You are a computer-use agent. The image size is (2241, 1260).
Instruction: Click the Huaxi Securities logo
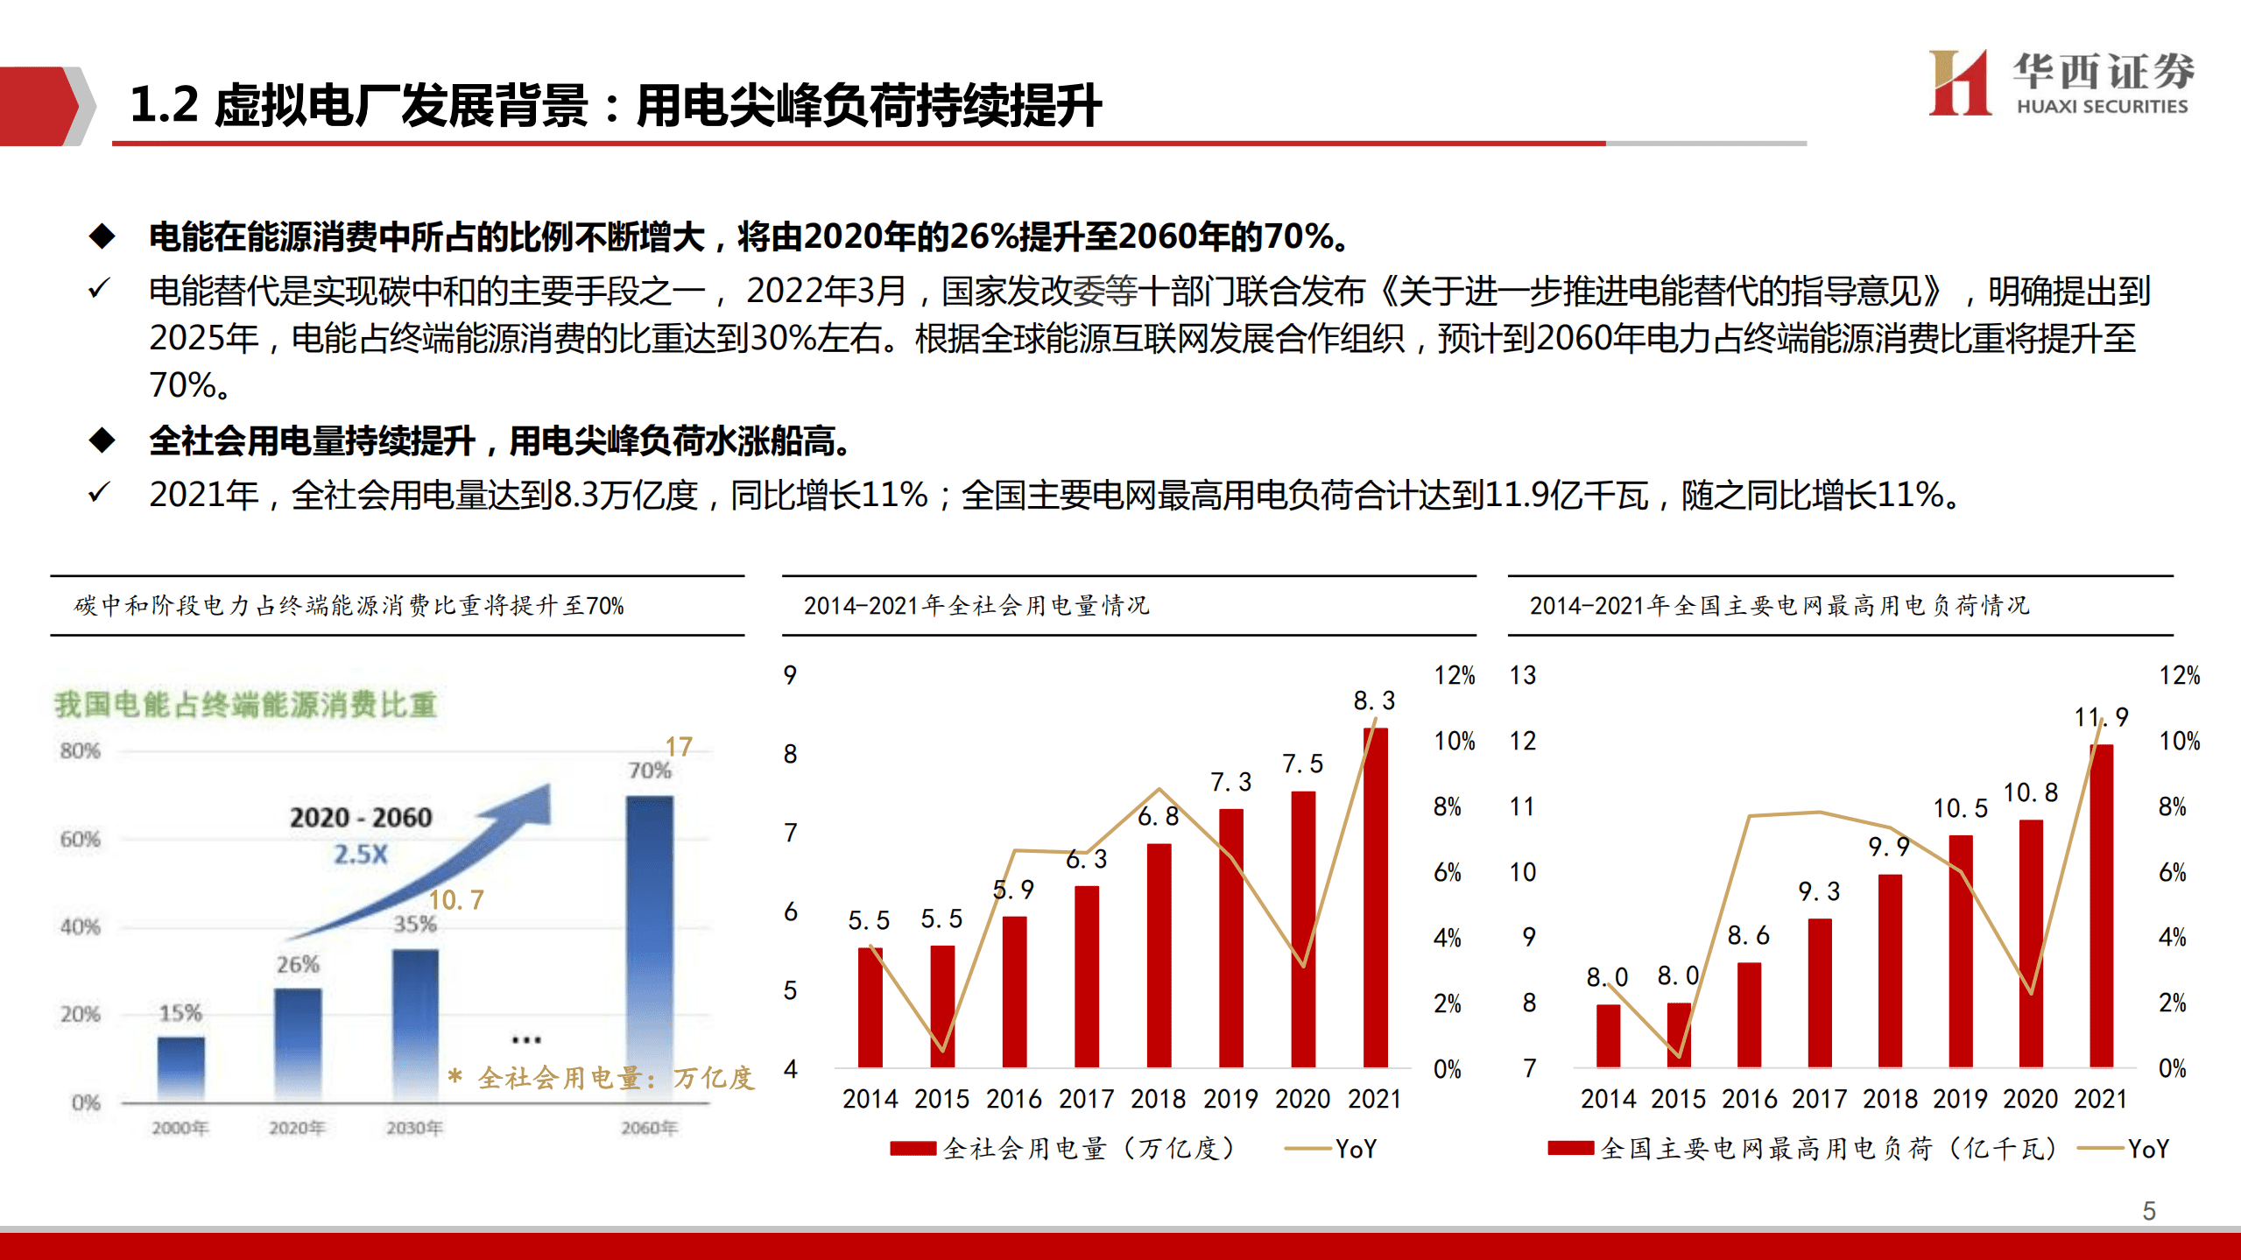(2060, 83)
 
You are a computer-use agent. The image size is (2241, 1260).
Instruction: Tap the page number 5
(2148, 1210)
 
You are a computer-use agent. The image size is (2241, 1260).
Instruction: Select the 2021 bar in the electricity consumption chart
(1375, 897)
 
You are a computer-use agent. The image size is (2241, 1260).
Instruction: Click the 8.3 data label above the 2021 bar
(1373, 700)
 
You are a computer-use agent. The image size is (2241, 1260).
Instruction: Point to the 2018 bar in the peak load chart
(1890, 970)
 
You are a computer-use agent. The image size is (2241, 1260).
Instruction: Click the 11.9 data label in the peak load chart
(2100, 717)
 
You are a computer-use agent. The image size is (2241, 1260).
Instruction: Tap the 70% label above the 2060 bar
(649, 771)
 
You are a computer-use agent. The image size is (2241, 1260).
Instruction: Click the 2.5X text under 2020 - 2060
(360, 854)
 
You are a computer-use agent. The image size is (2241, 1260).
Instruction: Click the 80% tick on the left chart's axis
(80, 750)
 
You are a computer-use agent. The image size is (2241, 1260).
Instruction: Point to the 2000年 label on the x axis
(180, 1128)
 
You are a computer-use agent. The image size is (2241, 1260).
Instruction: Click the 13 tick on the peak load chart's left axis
(1522, 675)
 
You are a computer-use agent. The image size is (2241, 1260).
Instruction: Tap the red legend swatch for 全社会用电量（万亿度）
(913, 1148)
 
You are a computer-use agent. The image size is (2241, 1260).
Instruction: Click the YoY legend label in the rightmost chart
(2148, 1148)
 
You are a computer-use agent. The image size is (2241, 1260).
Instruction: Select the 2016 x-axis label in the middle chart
(1013, 1099)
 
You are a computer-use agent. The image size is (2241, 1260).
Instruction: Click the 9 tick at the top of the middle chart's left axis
(790, 675)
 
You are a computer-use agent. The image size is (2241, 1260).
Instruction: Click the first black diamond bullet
(102, 236)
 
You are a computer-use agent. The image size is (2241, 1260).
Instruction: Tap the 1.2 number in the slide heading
(164, 105)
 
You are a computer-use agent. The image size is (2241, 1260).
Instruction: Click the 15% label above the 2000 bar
(180, 1013)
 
